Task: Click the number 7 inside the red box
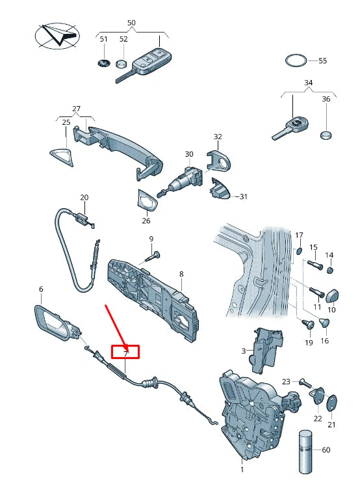click(125, 354)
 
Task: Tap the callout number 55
click(322, 60)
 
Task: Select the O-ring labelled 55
click(296, 60)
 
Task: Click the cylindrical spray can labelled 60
click(305, 452)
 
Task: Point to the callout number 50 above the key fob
click(131, 23)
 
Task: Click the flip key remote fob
click(144, 65)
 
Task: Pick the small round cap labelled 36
click(326, 135)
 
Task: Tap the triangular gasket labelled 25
click(62, 157)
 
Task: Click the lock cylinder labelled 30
click(181, 181)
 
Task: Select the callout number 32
click(218, 137)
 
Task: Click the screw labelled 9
click(153, 256)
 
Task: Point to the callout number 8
click(181, 274)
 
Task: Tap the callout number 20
click(84, 198)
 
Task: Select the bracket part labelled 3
click(266, 351)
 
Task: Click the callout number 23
click(286, 382)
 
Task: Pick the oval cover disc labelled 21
click(331, 403)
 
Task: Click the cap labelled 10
click(332, 295)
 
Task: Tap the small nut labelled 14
click(329, 270)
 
